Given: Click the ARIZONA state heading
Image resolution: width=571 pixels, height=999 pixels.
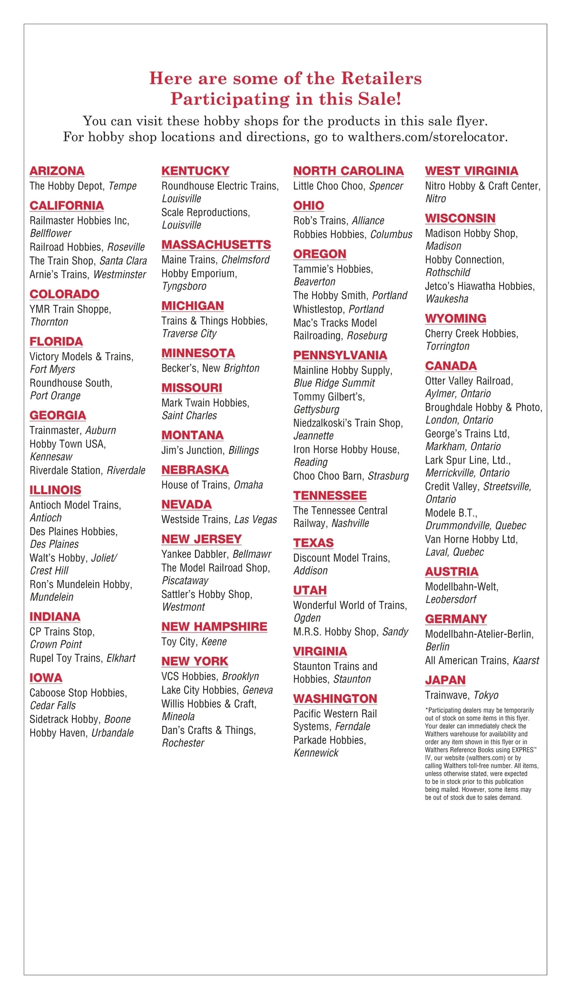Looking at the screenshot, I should tap(57, 171).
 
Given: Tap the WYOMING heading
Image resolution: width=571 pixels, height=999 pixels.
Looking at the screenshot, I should tap(455, 318).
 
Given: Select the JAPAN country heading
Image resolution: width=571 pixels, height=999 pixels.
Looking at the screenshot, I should tap(445, 680).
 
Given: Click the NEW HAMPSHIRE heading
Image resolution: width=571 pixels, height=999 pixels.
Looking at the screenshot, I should tap(214, 627).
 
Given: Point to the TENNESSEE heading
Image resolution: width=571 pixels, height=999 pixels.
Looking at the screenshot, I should tap(330, 495).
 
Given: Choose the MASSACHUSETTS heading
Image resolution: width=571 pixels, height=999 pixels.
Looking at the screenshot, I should tap(216, 245).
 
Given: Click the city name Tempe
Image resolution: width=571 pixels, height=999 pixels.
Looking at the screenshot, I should tap(123, 186).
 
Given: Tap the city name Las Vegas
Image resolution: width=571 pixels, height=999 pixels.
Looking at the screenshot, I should tap(256, 520).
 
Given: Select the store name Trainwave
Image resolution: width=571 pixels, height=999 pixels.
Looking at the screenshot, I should tap(446, 695).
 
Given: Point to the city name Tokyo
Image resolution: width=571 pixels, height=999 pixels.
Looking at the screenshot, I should tap(486, 695).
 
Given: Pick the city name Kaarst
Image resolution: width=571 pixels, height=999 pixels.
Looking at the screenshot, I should tap(526, 661).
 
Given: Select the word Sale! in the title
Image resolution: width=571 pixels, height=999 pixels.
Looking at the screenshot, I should tap(380, 99).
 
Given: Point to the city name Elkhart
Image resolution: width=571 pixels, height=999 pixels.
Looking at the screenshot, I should tap(121, 658).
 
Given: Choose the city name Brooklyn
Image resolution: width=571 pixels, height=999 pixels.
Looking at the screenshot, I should tap(241, 676).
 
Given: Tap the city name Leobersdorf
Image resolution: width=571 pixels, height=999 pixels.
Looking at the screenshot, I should tap(451, 600).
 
